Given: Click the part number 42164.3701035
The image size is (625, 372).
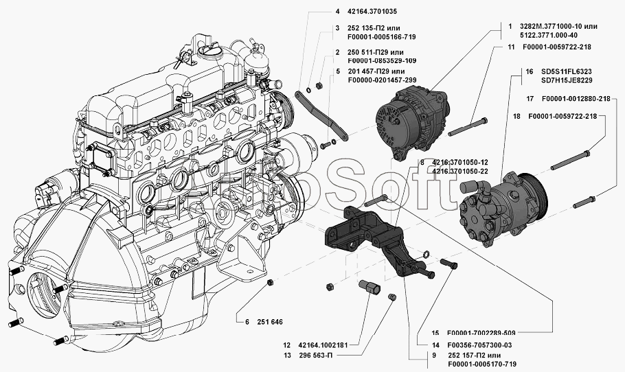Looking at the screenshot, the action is point(372,12).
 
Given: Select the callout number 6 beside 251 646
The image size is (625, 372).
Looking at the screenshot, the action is point(247,322).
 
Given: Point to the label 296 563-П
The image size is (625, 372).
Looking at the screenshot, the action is point(315,356).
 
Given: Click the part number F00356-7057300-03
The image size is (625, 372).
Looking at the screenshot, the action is point(479,345).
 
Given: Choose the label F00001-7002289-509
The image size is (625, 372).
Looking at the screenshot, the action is point(481,333).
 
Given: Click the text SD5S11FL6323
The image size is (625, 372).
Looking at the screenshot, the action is point(567,71).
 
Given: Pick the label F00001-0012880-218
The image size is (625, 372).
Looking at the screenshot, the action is point(576,99).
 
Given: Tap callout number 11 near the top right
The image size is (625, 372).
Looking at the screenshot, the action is point(512,47).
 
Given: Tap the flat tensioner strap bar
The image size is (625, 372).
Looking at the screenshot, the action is point(321,115).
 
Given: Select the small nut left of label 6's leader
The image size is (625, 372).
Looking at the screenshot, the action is point(270,282).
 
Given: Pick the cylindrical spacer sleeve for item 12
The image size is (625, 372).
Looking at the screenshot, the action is point(370,288).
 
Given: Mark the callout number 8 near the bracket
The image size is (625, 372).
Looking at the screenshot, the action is point(422,163).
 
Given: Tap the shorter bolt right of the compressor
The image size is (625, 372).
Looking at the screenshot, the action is point(584,202).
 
